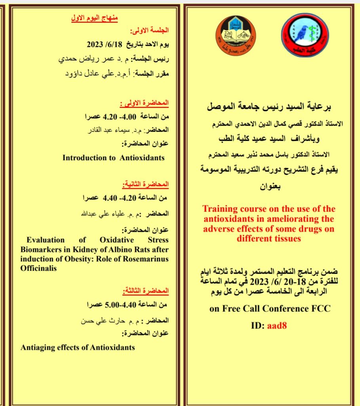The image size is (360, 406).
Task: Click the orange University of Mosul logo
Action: tap(234, 36)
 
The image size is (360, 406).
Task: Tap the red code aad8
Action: tap(277, 326)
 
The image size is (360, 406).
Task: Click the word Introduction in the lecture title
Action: tap(84, 158)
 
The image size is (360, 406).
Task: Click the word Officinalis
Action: tap(38, 268)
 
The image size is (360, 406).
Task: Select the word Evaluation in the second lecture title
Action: tap(46, 240)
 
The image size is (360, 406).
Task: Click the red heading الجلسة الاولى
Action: tap(149, 30)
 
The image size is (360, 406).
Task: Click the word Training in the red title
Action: tap(219, 209)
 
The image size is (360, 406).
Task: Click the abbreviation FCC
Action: tap(322, 308)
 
